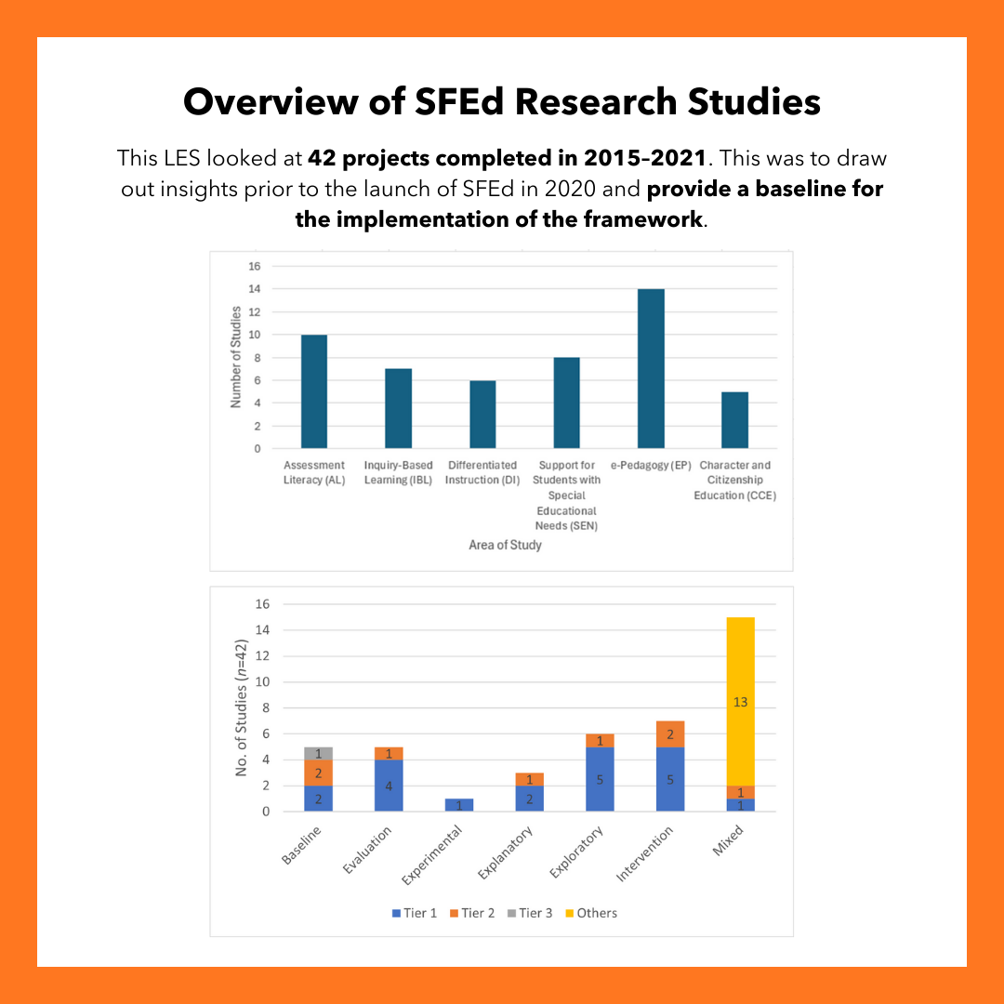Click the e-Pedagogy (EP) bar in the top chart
click(651, 368)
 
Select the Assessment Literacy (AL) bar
click(313, 391)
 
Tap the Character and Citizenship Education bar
click(734, 420)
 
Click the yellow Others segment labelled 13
click(741, 702)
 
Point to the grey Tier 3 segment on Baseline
click(318, 753)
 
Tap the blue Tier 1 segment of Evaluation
click(389, 786)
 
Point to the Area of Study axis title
click(505, 545)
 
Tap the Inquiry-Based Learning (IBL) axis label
click(398, 472)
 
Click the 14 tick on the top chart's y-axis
click(254, 289)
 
